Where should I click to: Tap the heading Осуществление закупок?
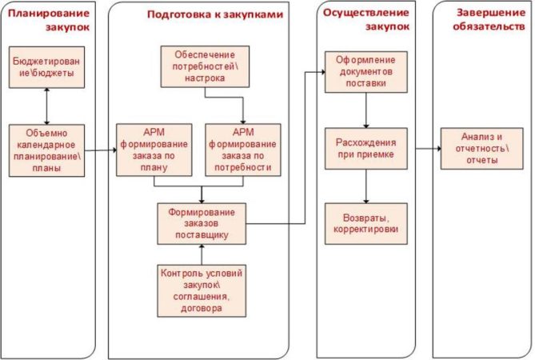[367, 20]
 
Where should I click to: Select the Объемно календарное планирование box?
[46, 150]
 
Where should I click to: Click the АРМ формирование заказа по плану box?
[154, 150]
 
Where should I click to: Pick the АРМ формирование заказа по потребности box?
[243, 150]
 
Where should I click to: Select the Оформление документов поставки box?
[366, 73]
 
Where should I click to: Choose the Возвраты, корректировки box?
[366, 223]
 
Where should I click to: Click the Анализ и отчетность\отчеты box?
[480, 149]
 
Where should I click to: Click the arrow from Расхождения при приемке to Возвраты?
[366, 186]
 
